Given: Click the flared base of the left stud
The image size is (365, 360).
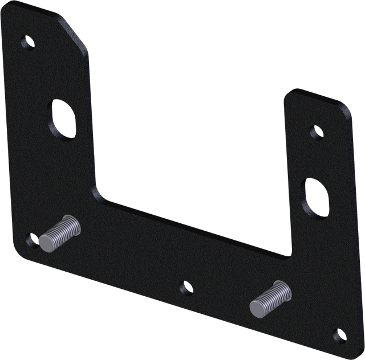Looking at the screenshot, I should pyautogui.click(x=73, y=223).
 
